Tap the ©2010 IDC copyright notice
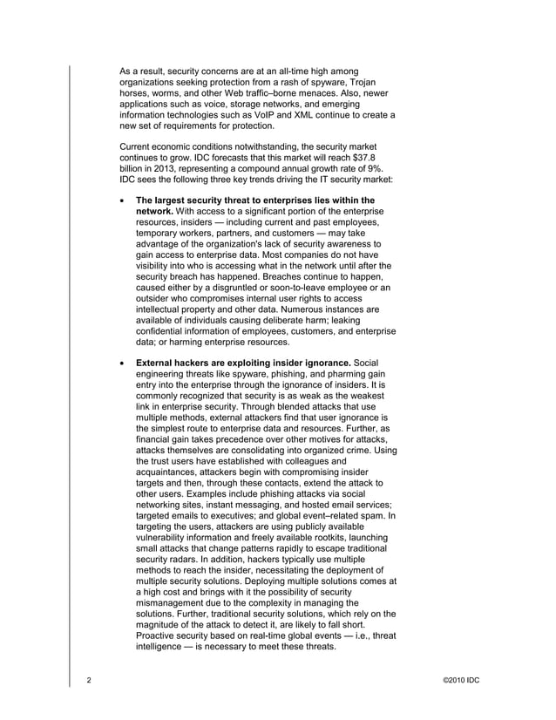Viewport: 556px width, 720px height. [461, 678]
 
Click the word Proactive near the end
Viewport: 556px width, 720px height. [159, 635]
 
